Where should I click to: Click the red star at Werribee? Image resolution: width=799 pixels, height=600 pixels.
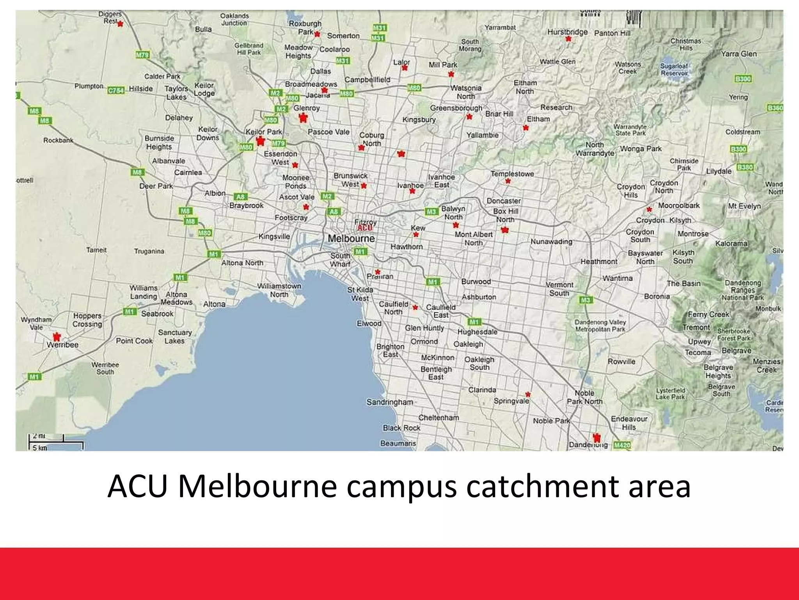(x=57, y=336)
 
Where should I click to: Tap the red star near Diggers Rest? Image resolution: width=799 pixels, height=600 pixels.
(x=120, y=24)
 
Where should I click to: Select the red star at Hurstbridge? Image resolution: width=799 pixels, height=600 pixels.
(x=568, y=39)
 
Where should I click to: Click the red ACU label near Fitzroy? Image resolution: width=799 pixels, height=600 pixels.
(x=365, y=228)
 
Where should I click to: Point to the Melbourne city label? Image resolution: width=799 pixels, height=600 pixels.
(x=351, y=238)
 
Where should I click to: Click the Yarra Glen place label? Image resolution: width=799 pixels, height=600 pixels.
(x=739, y=54)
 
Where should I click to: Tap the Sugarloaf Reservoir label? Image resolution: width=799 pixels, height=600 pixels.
(x=674, y=70)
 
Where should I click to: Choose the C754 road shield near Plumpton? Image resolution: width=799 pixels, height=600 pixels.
(x=116, y=90)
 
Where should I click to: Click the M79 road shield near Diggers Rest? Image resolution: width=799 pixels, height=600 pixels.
(x=142, y=55)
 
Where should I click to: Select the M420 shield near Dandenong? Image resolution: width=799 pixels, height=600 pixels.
(x=622, y=445)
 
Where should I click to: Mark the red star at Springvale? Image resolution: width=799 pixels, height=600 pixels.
(x=528, y=394)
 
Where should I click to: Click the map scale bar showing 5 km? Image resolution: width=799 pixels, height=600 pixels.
(x=56, y=445)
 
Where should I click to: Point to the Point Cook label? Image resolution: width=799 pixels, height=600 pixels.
(x=134, y=341)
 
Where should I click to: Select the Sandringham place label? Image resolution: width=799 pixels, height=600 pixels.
(x=389, y=402)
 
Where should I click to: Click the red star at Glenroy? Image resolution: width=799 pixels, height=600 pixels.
(x=303, y=117)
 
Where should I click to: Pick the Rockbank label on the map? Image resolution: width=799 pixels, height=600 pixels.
(x=58, y=140)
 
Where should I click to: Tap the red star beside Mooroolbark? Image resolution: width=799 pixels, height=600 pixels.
(x=649, y=209)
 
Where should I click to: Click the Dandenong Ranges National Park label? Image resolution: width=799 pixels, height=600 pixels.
(x=743, y=290)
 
